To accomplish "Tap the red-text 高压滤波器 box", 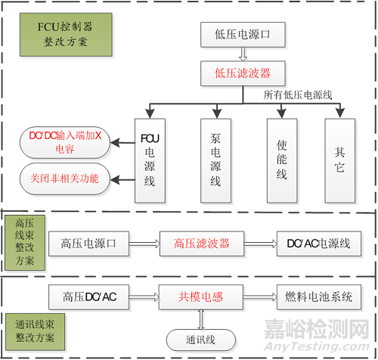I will (201, 243).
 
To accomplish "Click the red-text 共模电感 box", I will (201, 297).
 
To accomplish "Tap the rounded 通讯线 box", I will (197, 338).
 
